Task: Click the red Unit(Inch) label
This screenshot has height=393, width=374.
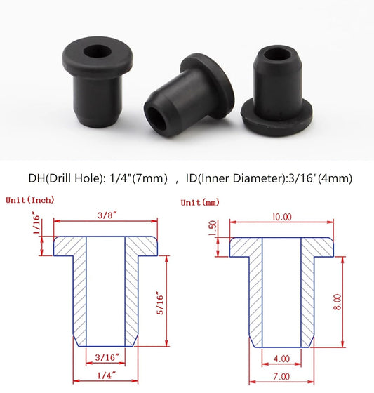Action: tap(30, 200)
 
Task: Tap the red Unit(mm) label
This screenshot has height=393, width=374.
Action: tap(200, 202)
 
